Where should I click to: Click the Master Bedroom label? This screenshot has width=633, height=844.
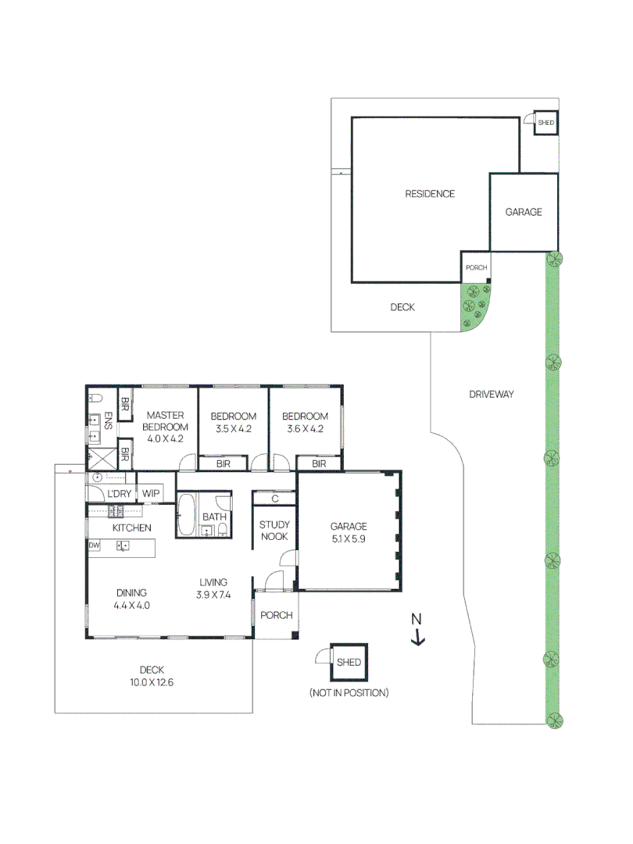164,427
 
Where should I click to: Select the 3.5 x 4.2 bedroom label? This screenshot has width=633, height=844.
234,422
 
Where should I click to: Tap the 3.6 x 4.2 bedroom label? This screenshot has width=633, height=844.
305,422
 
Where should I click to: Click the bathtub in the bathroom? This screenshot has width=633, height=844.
185,517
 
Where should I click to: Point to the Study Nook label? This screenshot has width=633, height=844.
274,531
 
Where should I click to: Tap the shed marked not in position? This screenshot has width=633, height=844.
349,663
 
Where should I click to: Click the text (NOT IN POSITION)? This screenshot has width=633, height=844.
349,693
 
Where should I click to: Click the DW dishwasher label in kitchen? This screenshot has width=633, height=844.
94,545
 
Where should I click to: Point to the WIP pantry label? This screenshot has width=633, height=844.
151,494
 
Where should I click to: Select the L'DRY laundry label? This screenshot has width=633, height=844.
119,494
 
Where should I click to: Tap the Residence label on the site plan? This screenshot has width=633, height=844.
429,194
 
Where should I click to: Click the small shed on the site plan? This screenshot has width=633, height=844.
545,123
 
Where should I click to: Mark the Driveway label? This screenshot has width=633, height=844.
491,395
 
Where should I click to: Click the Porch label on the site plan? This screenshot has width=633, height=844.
475,268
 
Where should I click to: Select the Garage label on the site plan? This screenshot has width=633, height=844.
523,212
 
